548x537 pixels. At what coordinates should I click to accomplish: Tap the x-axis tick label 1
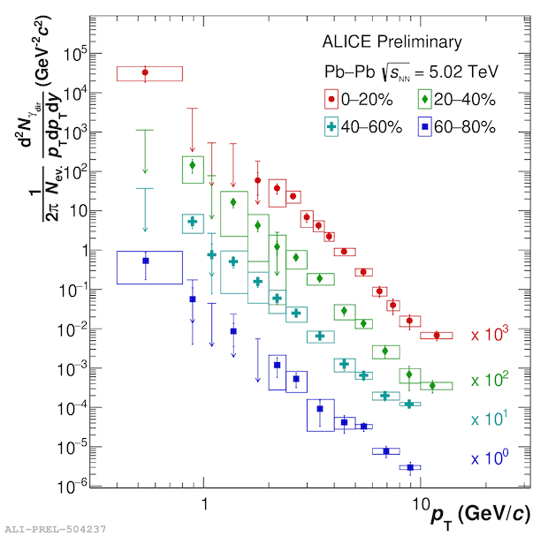tap(204, 503)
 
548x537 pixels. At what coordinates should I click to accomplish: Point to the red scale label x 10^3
tap(490, 336)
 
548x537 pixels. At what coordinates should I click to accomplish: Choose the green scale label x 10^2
tap(490, 380)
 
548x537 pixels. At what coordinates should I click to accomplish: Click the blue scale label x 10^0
tap(490, 459)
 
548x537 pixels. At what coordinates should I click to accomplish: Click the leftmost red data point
tap(146, 72)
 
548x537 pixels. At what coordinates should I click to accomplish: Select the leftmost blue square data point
tap(146, 261)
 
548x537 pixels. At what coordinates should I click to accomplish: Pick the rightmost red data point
tap(436, 336)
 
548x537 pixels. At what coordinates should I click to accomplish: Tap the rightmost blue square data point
tap(410, 467)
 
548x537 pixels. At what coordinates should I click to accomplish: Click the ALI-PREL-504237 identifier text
tap(56, 528)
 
